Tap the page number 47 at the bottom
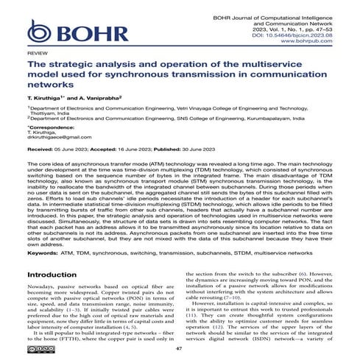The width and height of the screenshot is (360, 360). click(179, 350)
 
